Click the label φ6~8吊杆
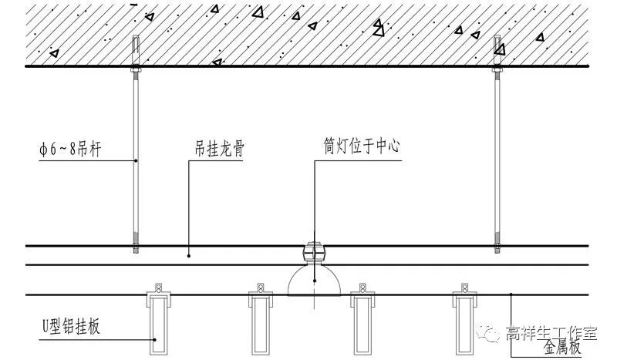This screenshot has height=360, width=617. coord(70,150)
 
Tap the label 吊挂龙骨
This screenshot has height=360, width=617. coord(219,149)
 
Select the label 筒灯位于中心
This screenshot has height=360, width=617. coord(362,146)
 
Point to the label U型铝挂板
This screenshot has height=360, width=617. coord(71,327)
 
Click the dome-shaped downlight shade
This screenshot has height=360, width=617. coord(314,281)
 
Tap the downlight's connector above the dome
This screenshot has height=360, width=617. coord(314,252)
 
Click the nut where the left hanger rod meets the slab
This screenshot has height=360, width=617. coord(136,70)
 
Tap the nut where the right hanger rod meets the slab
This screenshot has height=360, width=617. coord(497,70)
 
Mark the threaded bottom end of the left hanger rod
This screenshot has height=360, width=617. coord(136,243)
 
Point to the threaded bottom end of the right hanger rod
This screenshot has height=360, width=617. coord(497,243)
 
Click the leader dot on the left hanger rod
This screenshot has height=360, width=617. coord(136,160)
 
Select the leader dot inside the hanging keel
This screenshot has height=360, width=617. coord(189,256)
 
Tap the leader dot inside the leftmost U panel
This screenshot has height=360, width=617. coord(156,340)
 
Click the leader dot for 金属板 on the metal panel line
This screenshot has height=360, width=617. coord(511,294)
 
